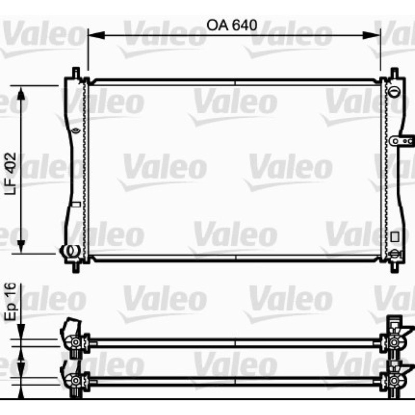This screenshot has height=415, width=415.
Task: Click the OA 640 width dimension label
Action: (x=231, y=25)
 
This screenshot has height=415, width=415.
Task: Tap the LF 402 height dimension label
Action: (x=10, y=173)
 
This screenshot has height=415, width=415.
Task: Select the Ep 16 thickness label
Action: (x=10, y=302)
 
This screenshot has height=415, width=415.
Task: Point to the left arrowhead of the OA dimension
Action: (x=96, y=35)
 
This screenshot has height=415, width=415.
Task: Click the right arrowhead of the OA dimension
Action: (x=371, y=35)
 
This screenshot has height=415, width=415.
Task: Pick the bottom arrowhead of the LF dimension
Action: (x=21, y=245)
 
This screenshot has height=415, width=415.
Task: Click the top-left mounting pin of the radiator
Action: (x=76, y=73)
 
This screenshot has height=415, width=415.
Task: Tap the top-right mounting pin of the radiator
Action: (x=394, y=73)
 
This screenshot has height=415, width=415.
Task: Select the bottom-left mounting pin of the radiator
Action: (x=76, y=267)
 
